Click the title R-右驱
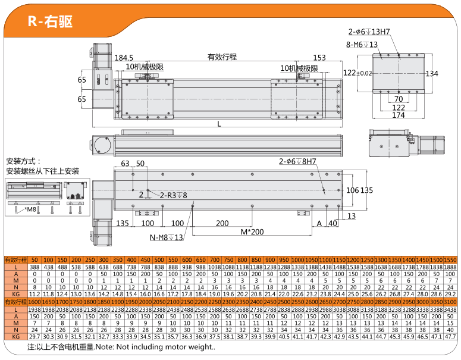(50, 21)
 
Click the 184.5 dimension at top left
(124, 58)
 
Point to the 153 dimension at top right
(319, 58)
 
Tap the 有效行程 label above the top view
(222, 57)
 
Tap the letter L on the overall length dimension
(219, 124)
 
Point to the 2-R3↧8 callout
(173, 195)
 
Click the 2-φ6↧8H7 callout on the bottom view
(297, 161)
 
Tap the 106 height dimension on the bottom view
(353, 190)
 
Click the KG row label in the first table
(16, 294)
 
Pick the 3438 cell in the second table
(450, 311)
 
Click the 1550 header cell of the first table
(450, 260)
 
